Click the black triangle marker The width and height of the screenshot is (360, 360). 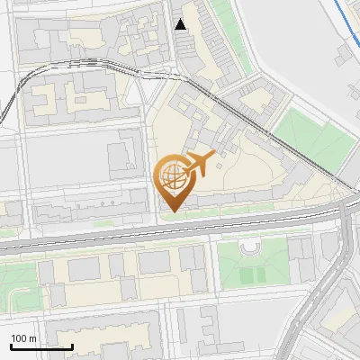pyautogui.click(x=181, y=24)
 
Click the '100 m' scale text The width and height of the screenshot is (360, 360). pyautogui.click(x=23, y=338)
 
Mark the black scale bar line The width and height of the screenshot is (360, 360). pyautogui.click(x=41, y=346)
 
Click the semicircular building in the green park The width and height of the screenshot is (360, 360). pyautogui.click(x=249, y=247)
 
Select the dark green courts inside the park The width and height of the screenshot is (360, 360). pyautogui.click(x=255, y=272)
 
